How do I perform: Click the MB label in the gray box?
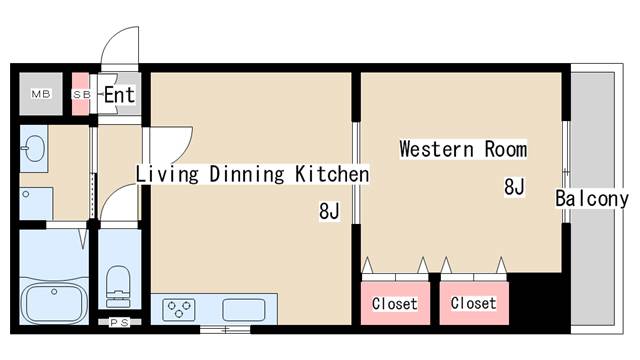pos(41,94)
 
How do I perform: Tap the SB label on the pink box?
pos(81,95)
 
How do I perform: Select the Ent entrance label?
pos(119,95)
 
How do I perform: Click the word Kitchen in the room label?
pos(332,174)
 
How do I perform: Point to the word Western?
pos(436,149)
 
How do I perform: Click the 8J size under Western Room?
pos(514,187)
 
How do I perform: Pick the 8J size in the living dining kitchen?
pos(329,211)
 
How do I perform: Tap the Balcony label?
pos(592,198)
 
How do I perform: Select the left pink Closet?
pos(395,303)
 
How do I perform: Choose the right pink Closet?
pos(474,303)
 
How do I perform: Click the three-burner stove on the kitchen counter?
pos(179,309)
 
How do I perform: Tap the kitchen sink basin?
pos(244,310)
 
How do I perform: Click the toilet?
pos(118,286)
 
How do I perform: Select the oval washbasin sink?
pos(34,147)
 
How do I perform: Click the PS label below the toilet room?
pos(120,322)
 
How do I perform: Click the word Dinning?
pos(247,174)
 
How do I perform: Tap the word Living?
pos(167,174)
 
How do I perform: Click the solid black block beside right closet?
pos(535,299)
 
